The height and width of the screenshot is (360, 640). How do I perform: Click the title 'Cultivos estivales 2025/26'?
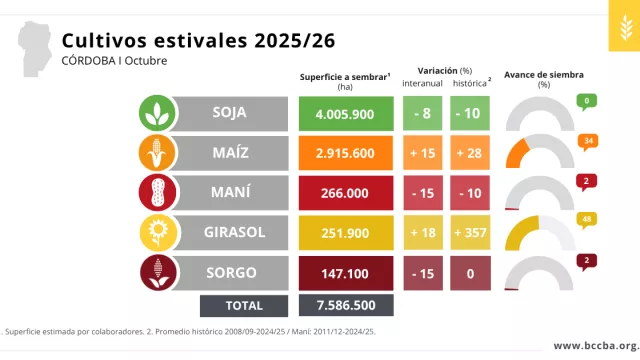pos(198,39)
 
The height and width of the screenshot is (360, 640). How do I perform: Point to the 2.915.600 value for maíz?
pos(345,153)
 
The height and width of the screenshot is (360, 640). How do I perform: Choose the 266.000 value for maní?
pos(345,193)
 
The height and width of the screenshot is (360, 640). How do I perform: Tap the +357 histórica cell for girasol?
pos(470,232)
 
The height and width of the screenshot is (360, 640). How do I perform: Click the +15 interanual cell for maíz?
pos(423,153)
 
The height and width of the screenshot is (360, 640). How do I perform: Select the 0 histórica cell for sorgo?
pos(470,271)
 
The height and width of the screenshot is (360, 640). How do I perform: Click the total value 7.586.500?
pos(345,305)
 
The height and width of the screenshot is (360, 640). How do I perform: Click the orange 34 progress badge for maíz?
pos(589,141)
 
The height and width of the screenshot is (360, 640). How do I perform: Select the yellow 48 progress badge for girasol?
pos(589,219)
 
